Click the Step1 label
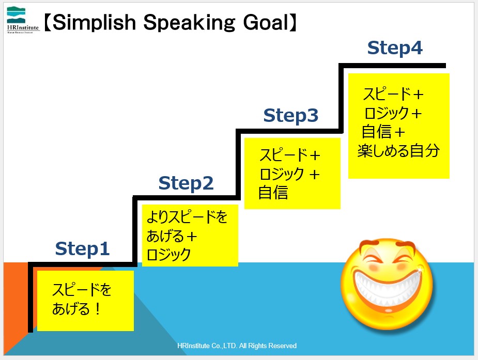point(82,249)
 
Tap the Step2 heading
point(186,183)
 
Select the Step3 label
point(291,116)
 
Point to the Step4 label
point(395,48)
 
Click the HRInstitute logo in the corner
point(23,20)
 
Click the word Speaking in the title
point(189,23)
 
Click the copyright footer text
point(237,346)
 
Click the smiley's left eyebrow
point(369,245)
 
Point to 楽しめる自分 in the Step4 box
point(398,150)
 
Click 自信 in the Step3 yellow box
point(273,193)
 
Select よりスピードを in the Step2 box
point(187,217)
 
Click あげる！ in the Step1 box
point(76,308)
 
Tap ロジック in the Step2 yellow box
point(168,254)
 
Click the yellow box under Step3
point(292,174)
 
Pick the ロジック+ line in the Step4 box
point(393,113)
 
